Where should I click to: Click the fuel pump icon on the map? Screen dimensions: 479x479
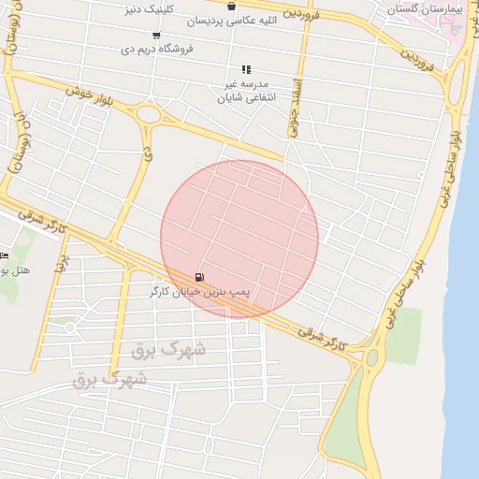[199, 278]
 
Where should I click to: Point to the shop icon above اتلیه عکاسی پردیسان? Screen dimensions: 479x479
[231, 7]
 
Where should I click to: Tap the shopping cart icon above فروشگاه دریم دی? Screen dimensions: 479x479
[155, 35]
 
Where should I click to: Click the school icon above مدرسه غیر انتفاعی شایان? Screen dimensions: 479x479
[246, 69]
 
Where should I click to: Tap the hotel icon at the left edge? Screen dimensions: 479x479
[4, 255]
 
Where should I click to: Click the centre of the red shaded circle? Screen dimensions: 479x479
[239, 239]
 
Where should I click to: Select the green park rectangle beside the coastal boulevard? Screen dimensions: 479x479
[403, 335]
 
